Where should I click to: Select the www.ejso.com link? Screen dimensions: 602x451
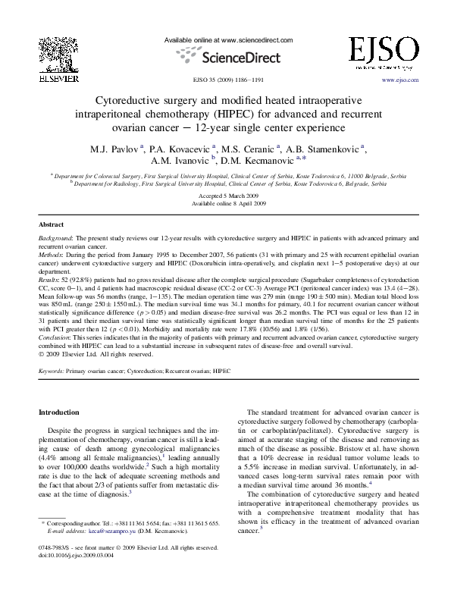[400, 79]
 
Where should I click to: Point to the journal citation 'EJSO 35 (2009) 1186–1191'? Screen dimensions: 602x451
[225, 79]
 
